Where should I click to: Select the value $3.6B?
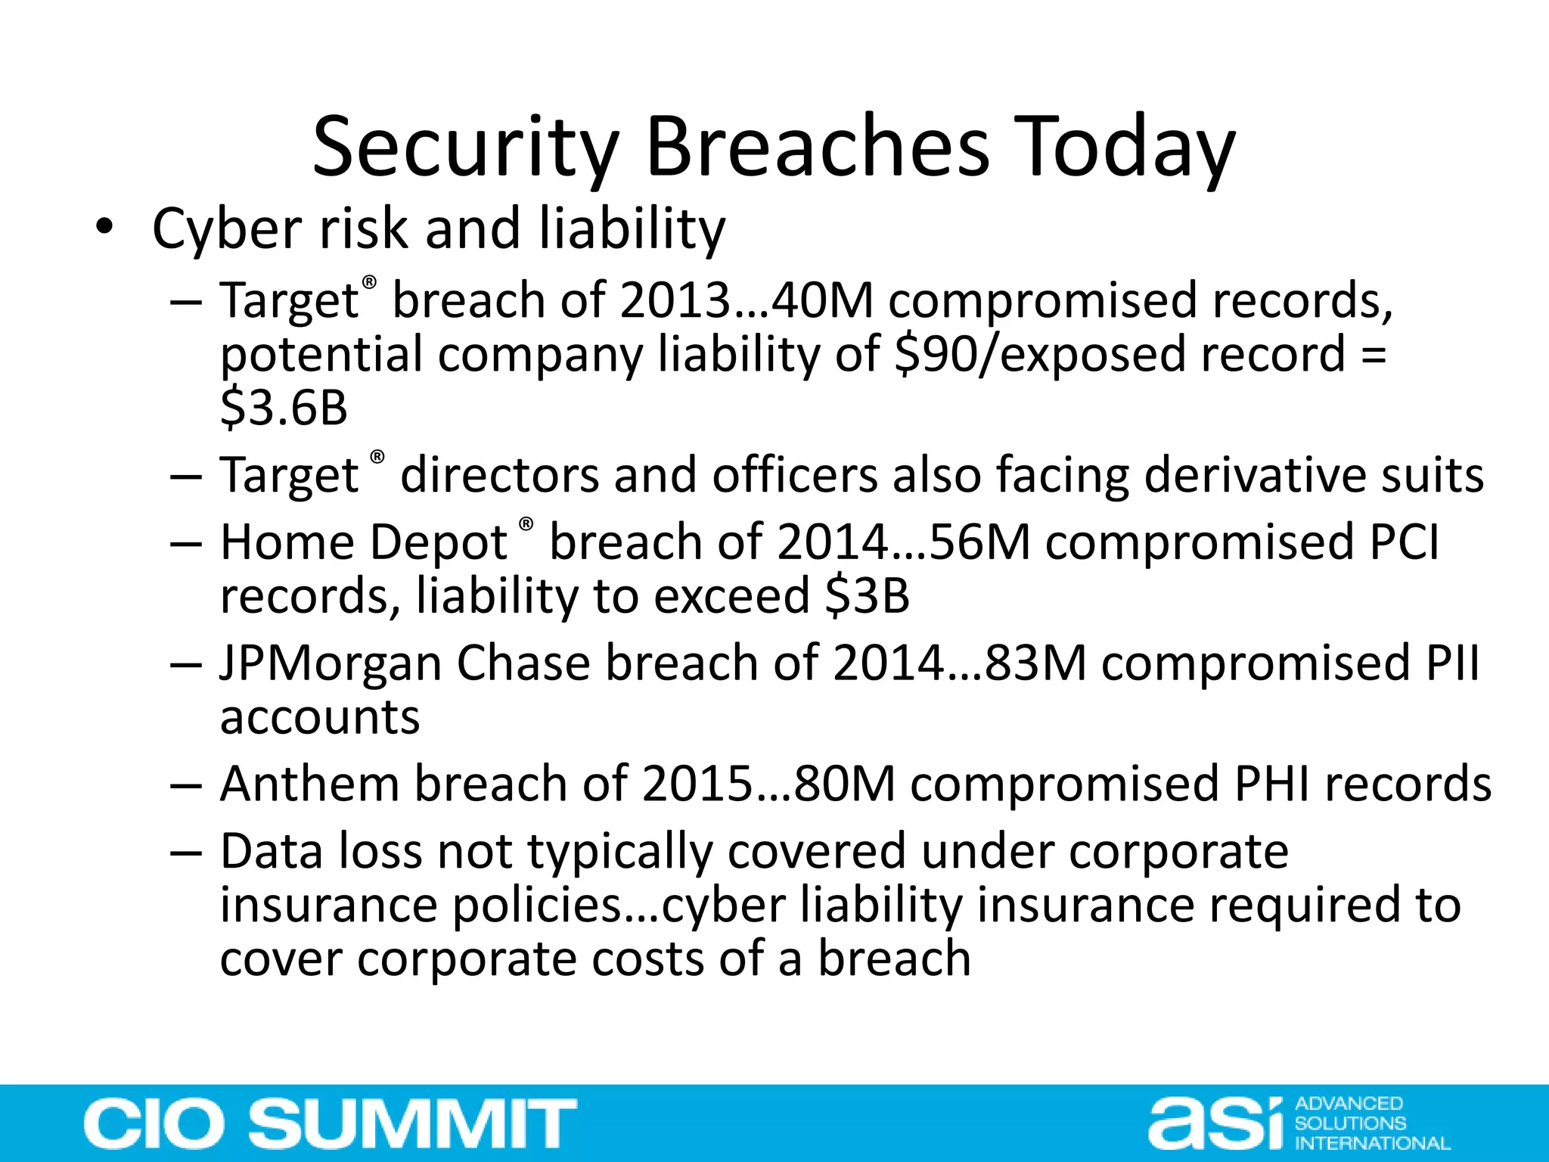pos(284,408)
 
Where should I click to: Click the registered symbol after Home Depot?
pos(526,524)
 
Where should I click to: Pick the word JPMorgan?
pos(330,663)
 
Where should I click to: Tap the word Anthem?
pos(309,784)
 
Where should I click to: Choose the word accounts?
pos(320,717)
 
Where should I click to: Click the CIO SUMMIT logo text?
pos(330,1124)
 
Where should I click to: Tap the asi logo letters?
pos(1215,1124)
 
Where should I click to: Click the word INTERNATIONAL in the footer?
pos(1372,1143)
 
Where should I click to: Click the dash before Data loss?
pos(186,853)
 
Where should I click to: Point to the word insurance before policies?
pos(328,906)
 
